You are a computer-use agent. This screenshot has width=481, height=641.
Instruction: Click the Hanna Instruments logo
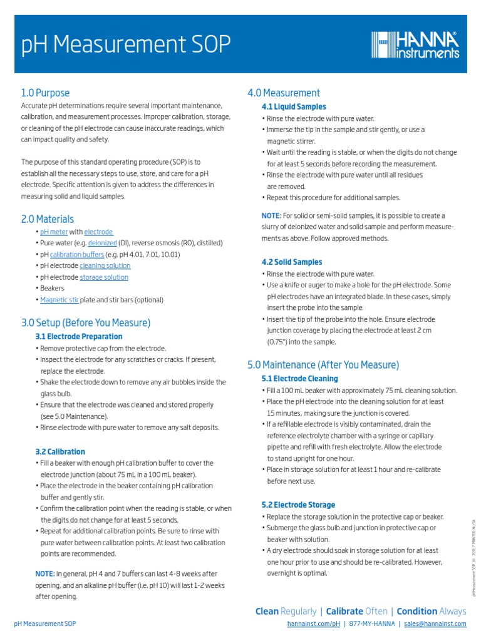click(x=415, y=45)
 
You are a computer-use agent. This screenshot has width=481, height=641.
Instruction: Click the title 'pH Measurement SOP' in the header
click(x=126, y=45)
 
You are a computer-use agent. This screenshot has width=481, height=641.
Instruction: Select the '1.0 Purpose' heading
click(x=45, y=93)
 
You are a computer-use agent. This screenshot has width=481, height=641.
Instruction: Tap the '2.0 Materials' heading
click(x=48, y=219)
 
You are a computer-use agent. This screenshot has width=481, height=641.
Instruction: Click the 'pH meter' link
click(x=53, y=232)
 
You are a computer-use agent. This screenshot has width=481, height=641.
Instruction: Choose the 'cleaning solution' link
click(x=105, y=265)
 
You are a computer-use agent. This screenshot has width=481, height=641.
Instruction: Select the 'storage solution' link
click(x=103, y=277)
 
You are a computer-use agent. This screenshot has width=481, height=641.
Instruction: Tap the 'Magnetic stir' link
click(x=59, y=300)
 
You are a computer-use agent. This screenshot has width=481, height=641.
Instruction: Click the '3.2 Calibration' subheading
click(x=60, y=451)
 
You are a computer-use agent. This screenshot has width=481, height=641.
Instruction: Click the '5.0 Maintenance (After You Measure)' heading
click(x=323, y=365)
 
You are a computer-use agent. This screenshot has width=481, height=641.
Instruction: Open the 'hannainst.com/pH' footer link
click(x=313, y=624)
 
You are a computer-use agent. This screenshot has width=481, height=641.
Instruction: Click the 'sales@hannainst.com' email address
click(x=435, y=624)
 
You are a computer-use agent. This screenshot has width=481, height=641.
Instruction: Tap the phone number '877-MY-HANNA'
click(x=371, y=624)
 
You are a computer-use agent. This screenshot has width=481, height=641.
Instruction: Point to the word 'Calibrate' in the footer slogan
click(x=344, y=612)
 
